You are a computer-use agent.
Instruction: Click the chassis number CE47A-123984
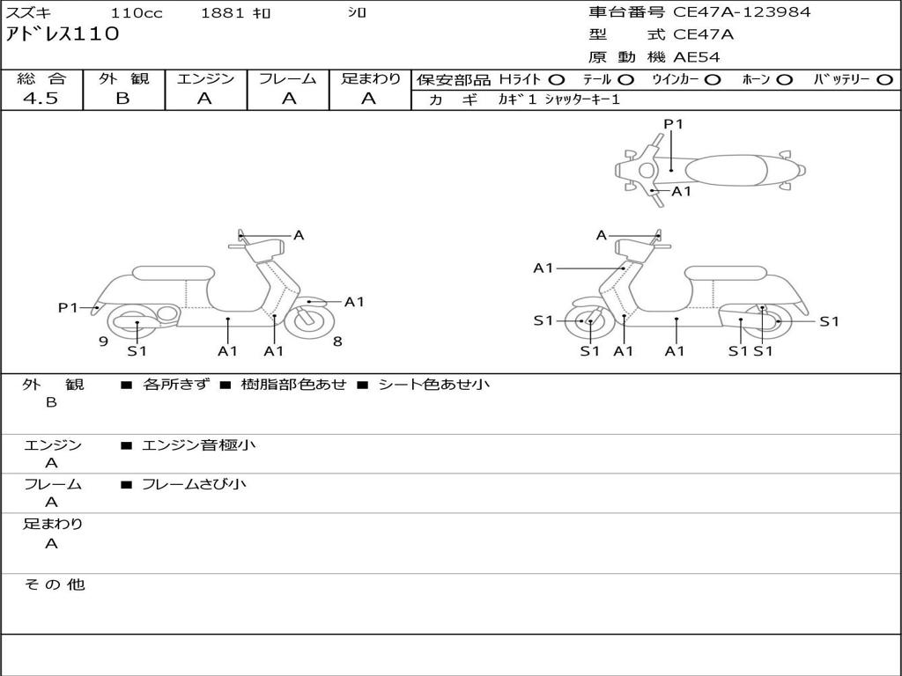(742, 12)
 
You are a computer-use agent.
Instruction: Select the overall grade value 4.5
(41, 99)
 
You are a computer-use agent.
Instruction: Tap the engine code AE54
(697, 58)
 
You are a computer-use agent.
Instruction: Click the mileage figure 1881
(223, 13)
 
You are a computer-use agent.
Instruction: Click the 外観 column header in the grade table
(123, 79)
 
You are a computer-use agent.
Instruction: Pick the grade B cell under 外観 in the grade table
(122, 99)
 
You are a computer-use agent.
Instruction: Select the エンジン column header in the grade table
(205, 79)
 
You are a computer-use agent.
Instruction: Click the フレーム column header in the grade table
(287, 79)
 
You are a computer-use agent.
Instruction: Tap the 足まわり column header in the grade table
(371, 79)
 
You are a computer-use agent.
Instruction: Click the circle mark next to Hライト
(557, 80)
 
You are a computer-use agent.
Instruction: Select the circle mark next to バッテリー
(885, 80)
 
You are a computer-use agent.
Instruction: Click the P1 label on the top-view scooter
(673, 124)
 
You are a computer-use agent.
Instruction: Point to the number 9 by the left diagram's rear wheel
(103, 342)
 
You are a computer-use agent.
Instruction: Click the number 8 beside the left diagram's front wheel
(337, 342)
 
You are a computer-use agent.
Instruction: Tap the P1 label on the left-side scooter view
(68, 307)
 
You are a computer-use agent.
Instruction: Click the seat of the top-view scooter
(722, 170)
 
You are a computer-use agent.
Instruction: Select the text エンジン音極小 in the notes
(199, 445)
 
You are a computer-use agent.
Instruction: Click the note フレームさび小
(194, 484)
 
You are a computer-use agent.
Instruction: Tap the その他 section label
(54, 584)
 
